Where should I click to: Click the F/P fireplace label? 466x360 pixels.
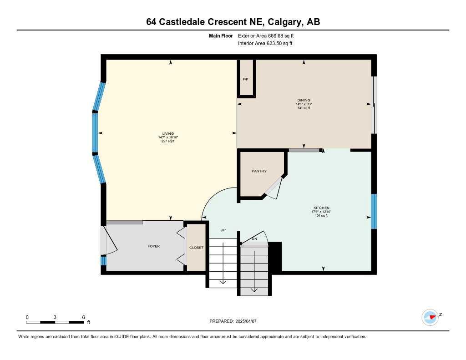[245, 79]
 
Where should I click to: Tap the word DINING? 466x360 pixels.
[304, 100]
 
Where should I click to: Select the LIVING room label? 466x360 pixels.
[168, 133]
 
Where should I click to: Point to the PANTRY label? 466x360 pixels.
[259, 171]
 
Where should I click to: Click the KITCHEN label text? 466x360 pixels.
[321, 208]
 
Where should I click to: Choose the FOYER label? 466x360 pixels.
[153, 246]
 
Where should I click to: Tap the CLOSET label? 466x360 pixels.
[197, 248]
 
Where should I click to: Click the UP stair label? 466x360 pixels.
[223, 230]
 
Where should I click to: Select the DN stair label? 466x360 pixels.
[254, 239]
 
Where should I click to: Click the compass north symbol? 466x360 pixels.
[430, 317]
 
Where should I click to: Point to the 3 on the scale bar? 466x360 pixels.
[55, 317]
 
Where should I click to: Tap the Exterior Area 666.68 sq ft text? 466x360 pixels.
[269, 35]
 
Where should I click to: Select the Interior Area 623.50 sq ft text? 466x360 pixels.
[265, 44]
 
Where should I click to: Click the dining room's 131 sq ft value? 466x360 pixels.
[304, 108]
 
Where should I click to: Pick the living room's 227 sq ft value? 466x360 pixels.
[168, 141]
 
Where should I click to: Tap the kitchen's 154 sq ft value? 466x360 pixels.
[321, 216]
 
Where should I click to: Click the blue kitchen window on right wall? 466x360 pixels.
[374, 211]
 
